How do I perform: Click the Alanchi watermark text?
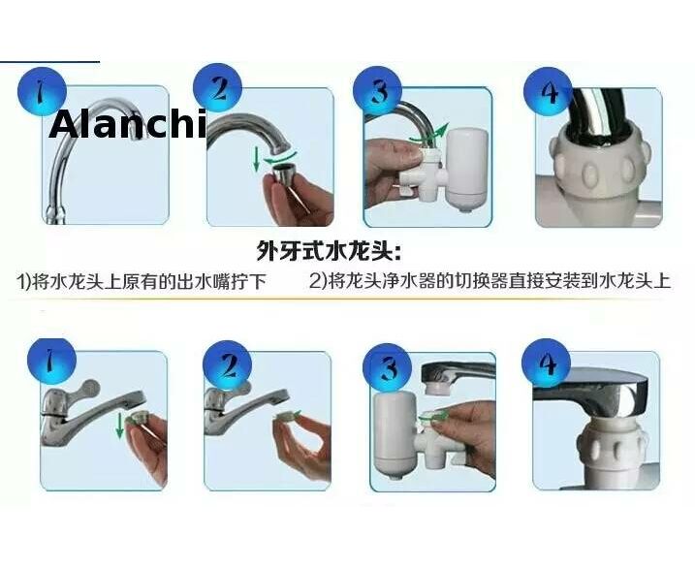click(x=128, y=123)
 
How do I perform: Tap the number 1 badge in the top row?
click(x=42, y=92)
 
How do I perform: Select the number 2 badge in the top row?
click(x=218, y=88)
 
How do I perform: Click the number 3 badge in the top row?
click(x=377, y=91)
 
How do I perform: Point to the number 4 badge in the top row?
click(x=549, y=92)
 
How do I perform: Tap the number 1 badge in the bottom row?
click(x=52, y=362)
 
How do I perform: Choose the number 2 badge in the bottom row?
click(x=228, y=364)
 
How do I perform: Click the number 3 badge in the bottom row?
click(x=388, y=367)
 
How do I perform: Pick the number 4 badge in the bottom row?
click(x=547, y=364)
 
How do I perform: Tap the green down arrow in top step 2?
click(x=256, y=160)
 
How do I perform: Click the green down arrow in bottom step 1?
click(x=119, y=427)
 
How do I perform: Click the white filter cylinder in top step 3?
click(x=466, y=170)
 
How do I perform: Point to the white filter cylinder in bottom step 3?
click(x=395, y=436)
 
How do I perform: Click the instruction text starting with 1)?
click(x=142, y=281)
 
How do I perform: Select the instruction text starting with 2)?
click(x=490, y=280)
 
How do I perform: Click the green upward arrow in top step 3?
click(x=428, y=135)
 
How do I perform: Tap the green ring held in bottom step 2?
click(x=289, y=416)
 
